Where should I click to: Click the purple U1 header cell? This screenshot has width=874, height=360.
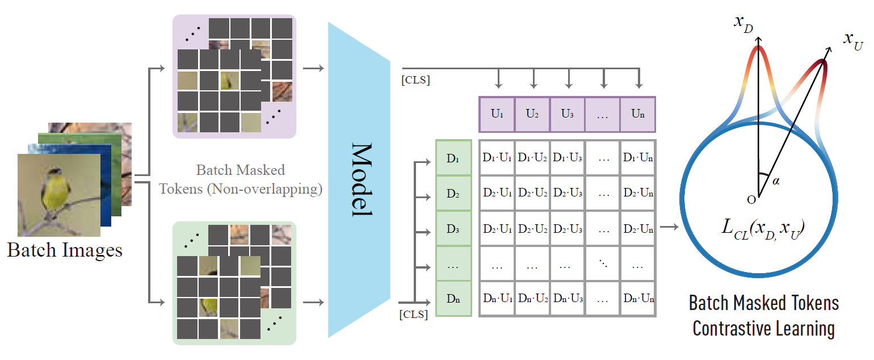[497, 114]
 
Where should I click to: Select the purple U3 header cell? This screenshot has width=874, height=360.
[568, 114]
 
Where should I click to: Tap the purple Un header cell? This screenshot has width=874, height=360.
[638, 114]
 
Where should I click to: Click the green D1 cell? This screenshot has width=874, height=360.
[453, 158]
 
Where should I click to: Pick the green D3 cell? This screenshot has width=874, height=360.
[453, 228]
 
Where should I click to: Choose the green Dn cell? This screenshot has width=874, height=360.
[453, 299]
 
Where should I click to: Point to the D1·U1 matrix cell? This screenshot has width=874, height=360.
[497, 158]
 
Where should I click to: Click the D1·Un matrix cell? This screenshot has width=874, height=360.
[638, 158]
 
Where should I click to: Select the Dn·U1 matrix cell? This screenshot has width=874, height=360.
[497, 299]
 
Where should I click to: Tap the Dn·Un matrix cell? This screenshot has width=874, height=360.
[638, 299]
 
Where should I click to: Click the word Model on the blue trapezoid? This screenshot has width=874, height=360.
[360, 179]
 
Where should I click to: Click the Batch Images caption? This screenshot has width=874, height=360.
[65, 250]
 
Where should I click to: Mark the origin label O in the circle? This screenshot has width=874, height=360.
[751, 199]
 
